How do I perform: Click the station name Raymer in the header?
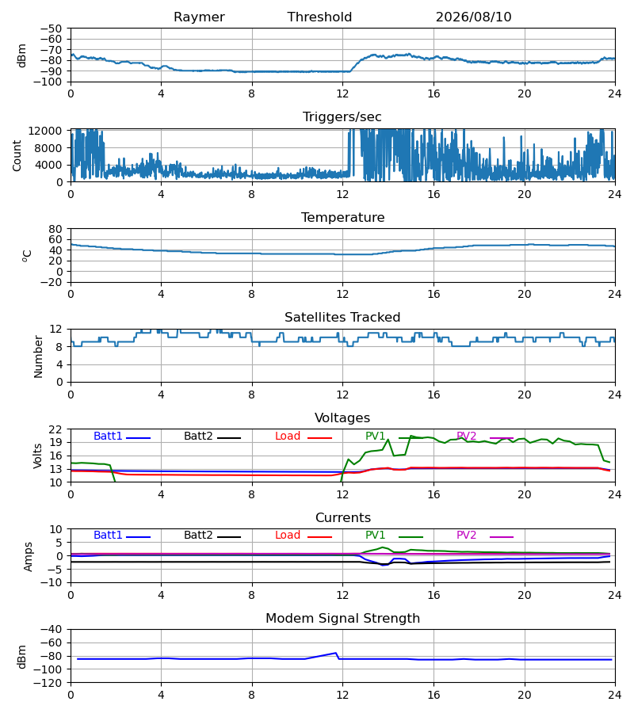(x=199, y=17)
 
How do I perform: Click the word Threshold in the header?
(x=319, y=17)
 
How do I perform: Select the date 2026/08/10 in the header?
(x=473, y=17)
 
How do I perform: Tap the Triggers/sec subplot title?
(x=342, y=117)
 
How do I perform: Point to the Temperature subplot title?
(x=342, y=217)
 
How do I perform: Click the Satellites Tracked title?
(x=342, y=318)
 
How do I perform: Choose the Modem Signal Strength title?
(x=342, y=619)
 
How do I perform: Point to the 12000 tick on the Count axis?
(x=45, y=131)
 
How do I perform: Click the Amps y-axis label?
(x=29, y=556)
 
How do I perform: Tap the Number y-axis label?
(x=38, y=356)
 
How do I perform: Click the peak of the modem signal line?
(x=336, y=653)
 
